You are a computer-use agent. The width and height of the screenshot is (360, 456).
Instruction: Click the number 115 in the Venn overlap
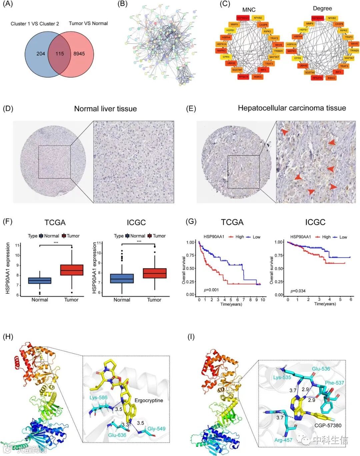pos(60,53)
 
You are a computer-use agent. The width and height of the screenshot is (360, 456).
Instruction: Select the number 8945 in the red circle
pos(79,53)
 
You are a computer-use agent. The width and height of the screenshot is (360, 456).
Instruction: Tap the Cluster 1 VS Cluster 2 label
pos(35,24)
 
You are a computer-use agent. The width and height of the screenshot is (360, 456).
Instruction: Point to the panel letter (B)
pos(123,4)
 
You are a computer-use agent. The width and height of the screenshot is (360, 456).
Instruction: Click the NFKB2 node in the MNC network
pos(258,18)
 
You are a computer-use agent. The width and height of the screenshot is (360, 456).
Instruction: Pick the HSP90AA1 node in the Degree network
pos(317,18)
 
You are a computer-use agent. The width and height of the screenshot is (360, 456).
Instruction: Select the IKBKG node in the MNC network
pos(257,77)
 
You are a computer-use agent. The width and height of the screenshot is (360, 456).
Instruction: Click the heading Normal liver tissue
pos(105,109)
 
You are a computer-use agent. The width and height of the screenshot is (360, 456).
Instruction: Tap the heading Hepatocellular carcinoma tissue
pos(292,108)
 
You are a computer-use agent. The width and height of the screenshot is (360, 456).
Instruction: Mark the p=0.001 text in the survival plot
pos(211,290)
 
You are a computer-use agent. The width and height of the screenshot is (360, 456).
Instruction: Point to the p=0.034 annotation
pos(298,291)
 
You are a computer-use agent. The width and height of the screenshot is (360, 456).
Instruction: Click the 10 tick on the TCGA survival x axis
pos(263,300)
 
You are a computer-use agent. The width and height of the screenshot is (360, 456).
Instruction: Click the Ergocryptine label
pos(149,400)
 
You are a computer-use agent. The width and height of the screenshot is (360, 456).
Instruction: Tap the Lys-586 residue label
pos(98,398)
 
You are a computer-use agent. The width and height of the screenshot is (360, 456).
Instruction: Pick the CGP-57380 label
pos(328,425)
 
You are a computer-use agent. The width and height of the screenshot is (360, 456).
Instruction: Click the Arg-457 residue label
pos(283,440)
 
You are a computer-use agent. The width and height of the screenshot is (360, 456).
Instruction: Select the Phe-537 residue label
pos(334,383)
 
